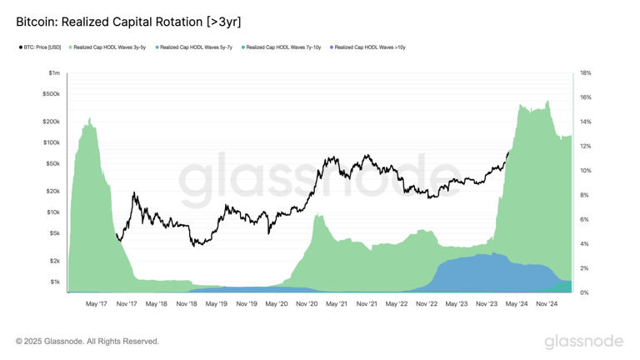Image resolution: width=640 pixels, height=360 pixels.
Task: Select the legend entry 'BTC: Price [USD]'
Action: [42, 47]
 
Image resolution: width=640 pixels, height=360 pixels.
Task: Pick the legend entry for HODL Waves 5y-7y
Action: [197, 47]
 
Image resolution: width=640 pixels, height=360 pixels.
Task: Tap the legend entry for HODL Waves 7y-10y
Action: [283, 47]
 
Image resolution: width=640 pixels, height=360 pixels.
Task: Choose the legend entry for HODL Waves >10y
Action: [370, 47]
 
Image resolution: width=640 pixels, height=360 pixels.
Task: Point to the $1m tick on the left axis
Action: [53, 73]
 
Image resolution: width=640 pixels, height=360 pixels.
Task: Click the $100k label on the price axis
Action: [51, 142]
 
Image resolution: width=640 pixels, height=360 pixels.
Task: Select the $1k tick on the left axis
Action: [53, 282]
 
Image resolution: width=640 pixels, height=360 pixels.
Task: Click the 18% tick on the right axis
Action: [585, 73]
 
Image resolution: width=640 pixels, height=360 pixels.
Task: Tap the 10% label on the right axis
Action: [585, 171]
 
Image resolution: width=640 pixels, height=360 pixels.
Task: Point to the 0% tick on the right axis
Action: [584, 292]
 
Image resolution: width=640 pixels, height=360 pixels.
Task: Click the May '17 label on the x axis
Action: [96, 304]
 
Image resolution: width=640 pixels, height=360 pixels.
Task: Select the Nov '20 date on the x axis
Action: [307, 304]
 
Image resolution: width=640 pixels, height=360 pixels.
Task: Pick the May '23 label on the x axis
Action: [457, 304]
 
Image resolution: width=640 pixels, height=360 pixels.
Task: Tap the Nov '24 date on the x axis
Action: [547, 304]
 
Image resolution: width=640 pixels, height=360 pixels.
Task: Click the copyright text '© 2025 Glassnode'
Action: [87, 341]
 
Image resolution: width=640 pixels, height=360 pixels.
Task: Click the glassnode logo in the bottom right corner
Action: [583, 342]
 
